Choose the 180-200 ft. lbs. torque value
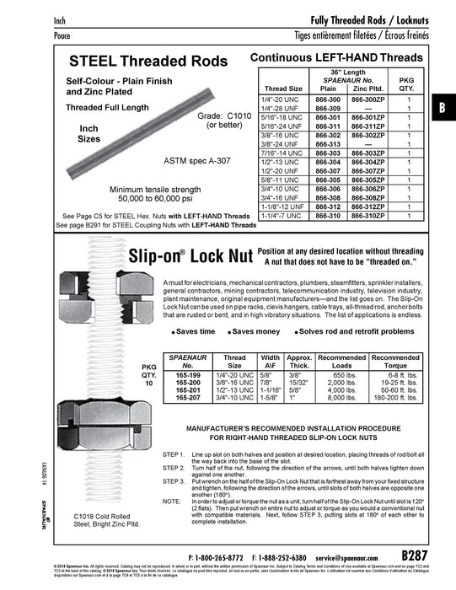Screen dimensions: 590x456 (x=396, y=398)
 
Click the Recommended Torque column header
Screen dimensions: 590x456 (x=396, y=362)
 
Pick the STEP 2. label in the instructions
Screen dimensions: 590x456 (x=174, y=466)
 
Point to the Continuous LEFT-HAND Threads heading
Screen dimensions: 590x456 (x=330, y=56)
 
